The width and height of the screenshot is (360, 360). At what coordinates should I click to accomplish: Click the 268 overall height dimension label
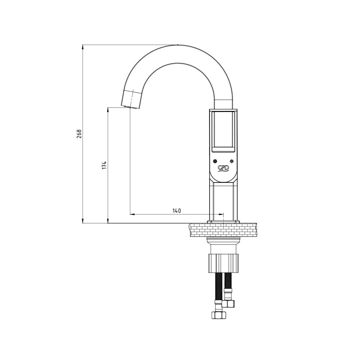79,134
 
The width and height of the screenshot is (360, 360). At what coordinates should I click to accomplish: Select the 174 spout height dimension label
104,165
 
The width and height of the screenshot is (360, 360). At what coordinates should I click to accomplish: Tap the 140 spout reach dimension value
176,211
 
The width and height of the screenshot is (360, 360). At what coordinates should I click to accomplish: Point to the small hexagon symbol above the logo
215,161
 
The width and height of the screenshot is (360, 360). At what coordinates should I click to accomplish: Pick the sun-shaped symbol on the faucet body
231,161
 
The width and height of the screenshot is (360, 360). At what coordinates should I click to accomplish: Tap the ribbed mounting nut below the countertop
224,263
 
